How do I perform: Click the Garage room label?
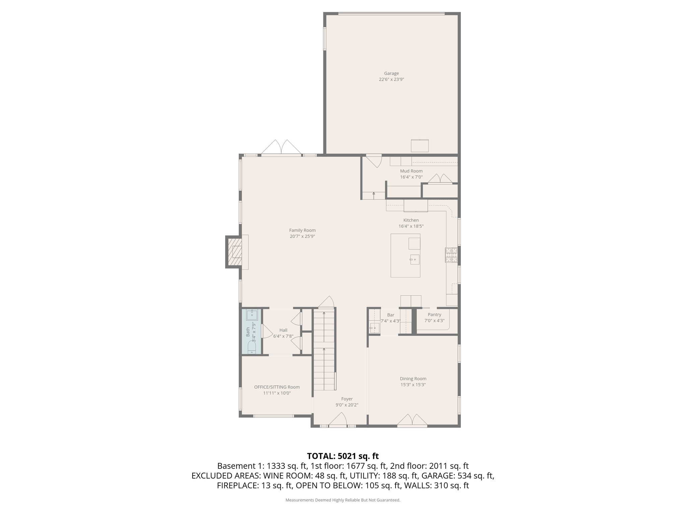tap(391, 73)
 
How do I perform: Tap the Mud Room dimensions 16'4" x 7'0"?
tap(411, 177)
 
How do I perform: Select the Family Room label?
tap(302, 230)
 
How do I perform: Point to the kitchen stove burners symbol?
tap(451, 254)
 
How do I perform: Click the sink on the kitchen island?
tap(414, 259)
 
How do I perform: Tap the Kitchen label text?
tap(411, 220)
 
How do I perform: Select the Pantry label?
tap(434, 315)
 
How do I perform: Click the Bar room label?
tap(391, 315)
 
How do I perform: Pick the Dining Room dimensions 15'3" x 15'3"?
tap(413, 385)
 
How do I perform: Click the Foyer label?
tap(347, 399)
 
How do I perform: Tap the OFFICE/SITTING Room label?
tap(277, 387)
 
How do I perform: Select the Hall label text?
tap(283, 330)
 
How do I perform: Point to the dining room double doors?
tap(412, 420)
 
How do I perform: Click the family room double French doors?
tap(281, 147)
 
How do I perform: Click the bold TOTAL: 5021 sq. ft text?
tap(343, 456)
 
